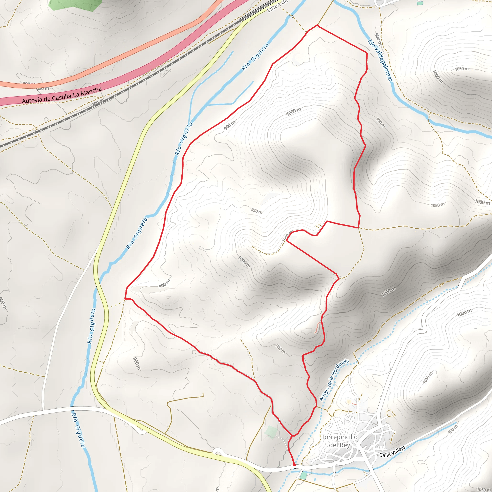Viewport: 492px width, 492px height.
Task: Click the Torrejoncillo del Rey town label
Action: pos(339,441)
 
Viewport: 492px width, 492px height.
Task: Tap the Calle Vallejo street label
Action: pos(392,451)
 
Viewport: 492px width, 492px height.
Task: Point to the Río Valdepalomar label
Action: pos(380,61)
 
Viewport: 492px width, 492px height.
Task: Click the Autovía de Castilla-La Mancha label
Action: pos(62,96)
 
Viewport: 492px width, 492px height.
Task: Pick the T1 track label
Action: pos(318,226)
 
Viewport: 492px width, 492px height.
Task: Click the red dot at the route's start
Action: pos(294,465)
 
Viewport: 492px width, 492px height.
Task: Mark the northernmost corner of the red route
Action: pos(318,25)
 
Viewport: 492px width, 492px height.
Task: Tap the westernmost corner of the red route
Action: pos(125,298)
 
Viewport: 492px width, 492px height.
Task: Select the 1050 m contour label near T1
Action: pos(287,236)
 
